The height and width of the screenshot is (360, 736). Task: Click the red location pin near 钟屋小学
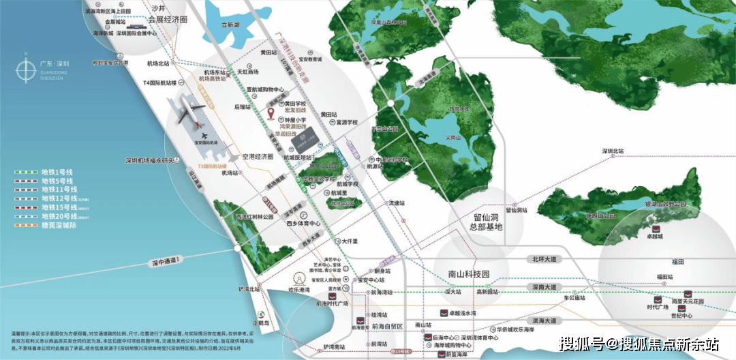271,112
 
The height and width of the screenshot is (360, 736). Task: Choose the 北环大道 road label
545,259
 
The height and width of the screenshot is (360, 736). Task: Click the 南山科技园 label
464,273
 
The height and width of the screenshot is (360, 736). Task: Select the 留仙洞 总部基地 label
481,221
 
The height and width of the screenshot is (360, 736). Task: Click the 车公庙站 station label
574,297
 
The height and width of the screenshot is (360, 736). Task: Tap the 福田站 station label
664,276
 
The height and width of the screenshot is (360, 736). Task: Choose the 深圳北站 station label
615,151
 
